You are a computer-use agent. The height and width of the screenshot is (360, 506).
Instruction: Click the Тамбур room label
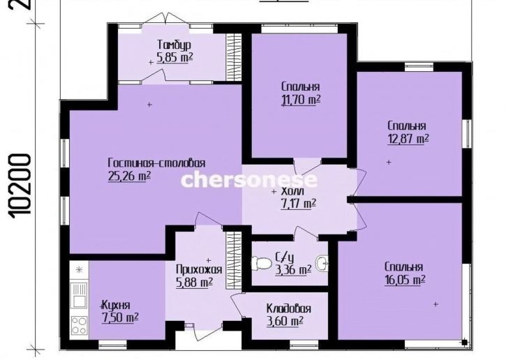pos(174,45)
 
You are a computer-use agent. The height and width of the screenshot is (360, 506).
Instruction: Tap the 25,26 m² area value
pos(129,177)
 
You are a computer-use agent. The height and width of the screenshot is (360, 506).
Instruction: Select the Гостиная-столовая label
pos(156,163)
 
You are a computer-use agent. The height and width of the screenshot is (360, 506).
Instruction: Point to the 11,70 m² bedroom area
pos(301,100)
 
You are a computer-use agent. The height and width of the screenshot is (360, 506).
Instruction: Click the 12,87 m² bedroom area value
pos(408,139)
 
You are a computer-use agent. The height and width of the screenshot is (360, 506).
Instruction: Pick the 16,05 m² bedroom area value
pos(405,280)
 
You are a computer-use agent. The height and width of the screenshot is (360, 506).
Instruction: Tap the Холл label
pos(292,191)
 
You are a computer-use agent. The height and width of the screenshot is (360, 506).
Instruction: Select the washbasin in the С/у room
pos(322,262)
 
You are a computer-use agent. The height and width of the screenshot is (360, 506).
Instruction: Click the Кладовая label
pos(288,308)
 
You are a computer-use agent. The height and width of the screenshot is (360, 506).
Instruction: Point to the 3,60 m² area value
pos(285,322)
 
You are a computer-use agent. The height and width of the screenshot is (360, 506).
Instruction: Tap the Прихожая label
pos(199,269)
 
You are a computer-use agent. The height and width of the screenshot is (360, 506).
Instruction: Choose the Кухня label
pos(116,305)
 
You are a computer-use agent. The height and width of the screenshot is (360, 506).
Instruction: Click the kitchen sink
pos(79,295)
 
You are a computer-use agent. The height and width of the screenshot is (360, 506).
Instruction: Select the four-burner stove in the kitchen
pos(79,326)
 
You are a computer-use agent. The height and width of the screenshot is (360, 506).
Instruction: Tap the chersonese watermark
pos(249,180)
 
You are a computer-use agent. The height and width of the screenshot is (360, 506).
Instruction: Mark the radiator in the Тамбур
pos(234,57)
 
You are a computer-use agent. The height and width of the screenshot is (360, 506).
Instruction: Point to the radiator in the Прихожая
pos(234,261)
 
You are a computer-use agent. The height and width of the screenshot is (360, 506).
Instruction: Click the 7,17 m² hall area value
pos(298,204)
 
